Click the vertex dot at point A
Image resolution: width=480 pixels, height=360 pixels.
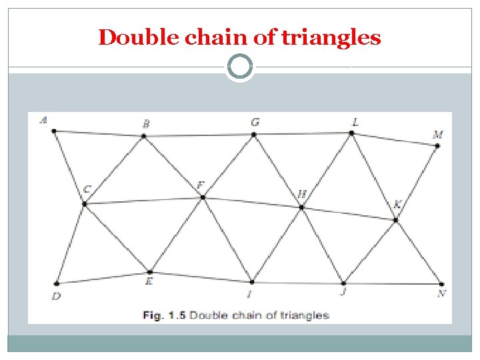point(54,131)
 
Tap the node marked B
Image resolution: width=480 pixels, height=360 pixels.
point(144,137)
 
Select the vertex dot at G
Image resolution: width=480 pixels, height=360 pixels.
point(253,135)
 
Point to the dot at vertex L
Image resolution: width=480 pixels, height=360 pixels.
point(352,133)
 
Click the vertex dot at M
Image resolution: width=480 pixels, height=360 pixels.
point(437,145)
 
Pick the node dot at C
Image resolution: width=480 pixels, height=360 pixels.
point(85,203)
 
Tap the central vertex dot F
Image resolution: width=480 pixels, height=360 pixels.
point(203,197)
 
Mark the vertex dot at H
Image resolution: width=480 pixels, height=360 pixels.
point(301,207)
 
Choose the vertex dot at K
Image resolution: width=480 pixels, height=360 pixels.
point(396,219)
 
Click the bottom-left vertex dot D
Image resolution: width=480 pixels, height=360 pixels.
point(57,283)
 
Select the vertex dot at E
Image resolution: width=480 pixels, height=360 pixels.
point(150,272)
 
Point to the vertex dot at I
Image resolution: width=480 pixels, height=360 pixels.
point(252,282)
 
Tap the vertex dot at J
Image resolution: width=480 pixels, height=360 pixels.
point(343,283)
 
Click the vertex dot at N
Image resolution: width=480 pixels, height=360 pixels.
point(441,285)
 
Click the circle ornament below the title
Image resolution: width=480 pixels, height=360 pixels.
point(240,67)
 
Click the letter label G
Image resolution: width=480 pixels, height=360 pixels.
point(255,122)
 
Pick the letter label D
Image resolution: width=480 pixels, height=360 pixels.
point(56,297)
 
